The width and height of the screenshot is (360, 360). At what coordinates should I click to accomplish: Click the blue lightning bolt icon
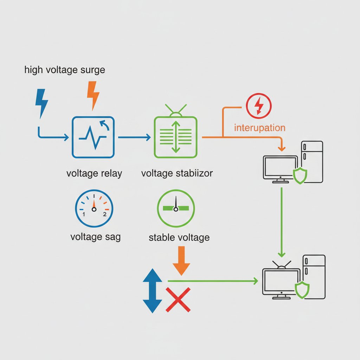tap(41, 103)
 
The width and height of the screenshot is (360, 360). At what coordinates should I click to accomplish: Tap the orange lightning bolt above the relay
tap(93, 95)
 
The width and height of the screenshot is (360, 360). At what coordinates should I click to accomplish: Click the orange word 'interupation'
tap(260, 128)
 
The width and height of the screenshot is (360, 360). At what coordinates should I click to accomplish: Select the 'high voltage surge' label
tap(65, 70)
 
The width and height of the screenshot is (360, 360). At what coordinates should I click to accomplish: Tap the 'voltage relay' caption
tap(94, 173)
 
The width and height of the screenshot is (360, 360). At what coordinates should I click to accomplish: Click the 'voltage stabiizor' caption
tap(177, 173)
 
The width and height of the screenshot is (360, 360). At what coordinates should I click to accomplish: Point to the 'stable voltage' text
tap(179, 237)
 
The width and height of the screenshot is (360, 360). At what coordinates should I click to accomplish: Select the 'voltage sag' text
tap(96, 237)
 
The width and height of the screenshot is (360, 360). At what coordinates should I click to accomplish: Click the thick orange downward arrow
tap(181, 261)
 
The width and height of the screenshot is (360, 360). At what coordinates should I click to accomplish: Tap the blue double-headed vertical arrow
tap(153, 291)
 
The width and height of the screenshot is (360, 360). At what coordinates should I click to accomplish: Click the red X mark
tap(178, 300)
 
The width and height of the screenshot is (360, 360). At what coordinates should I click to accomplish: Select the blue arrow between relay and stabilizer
tap(135, 137)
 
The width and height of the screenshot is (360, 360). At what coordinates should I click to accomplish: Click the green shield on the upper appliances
tap(300, 176)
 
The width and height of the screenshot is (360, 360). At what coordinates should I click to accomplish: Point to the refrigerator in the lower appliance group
tap(314, 277)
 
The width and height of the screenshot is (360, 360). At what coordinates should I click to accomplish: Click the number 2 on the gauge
tap(105, 214)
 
